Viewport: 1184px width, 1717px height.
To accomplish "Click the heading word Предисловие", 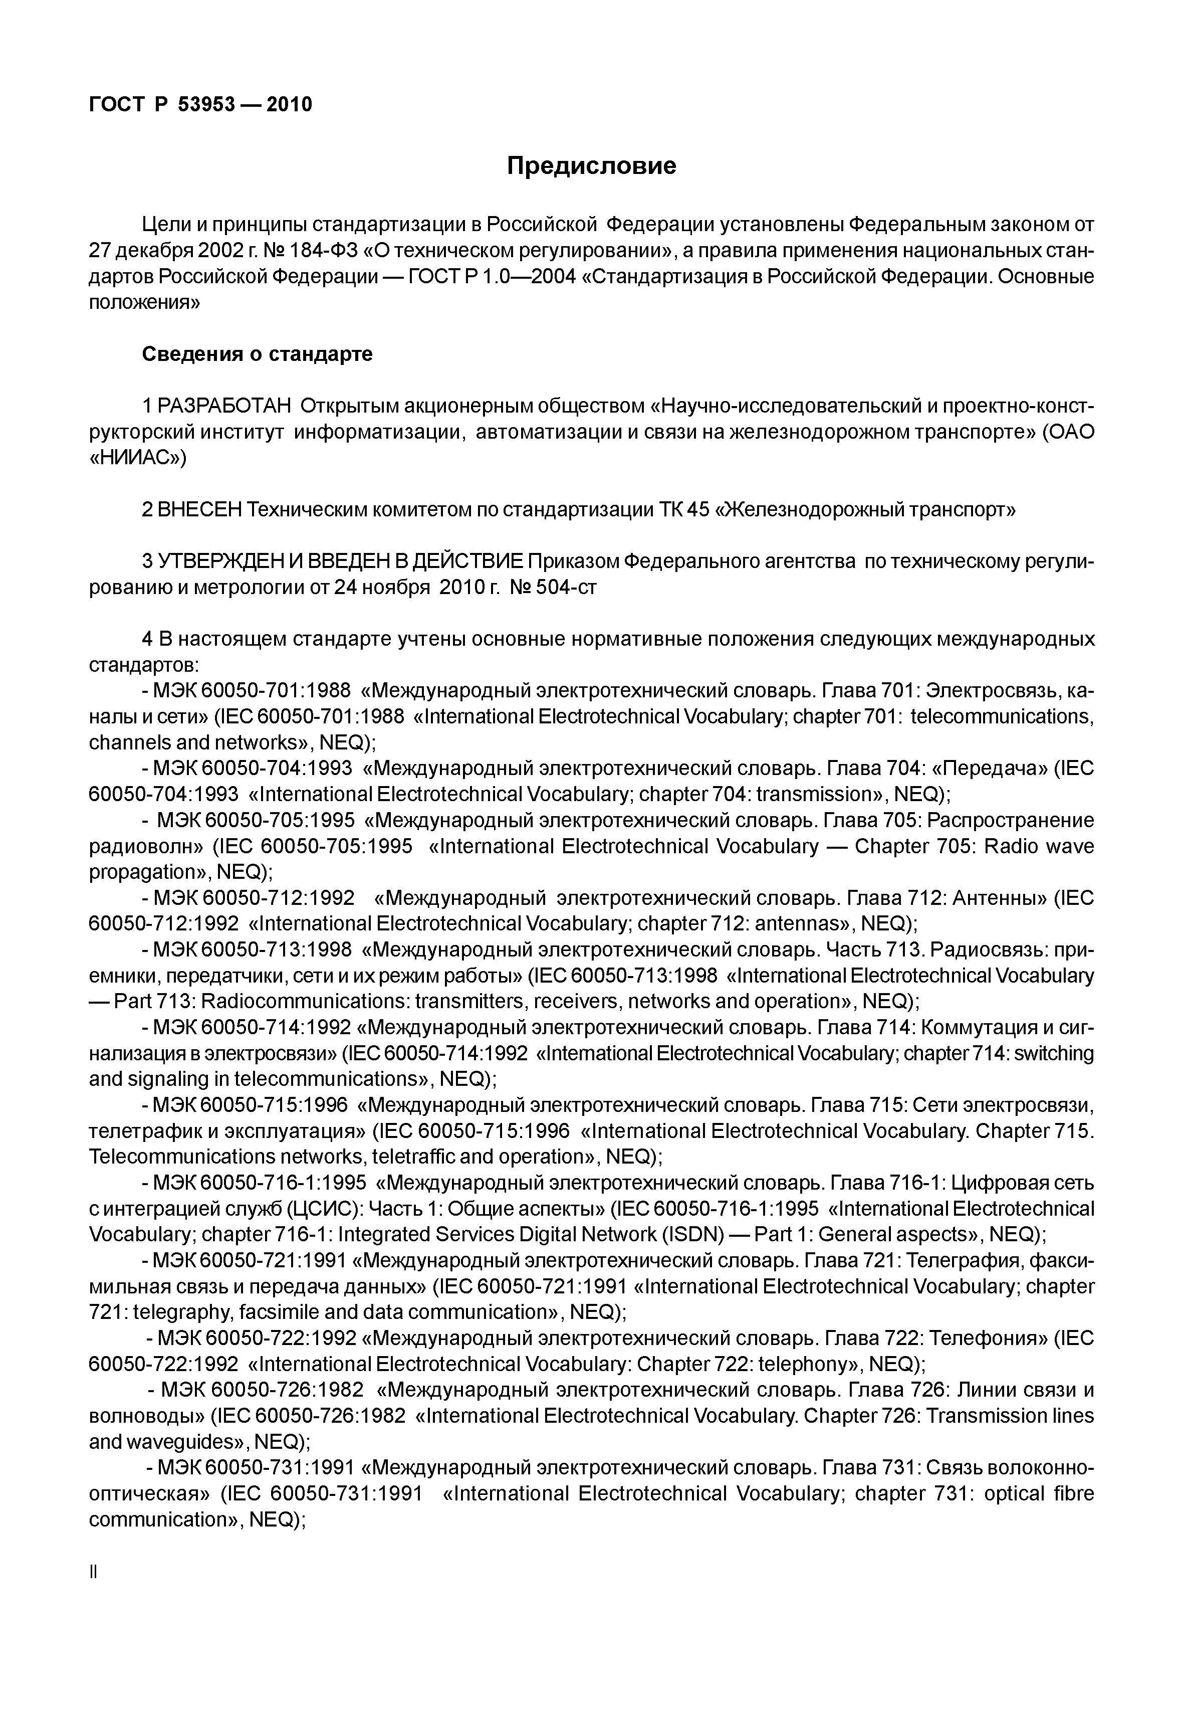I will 591,165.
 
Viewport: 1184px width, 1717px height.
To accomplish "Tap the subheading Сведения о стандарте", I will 257,354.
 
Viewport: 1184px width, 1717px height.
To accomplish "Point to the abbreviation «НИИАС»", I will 138,458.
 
